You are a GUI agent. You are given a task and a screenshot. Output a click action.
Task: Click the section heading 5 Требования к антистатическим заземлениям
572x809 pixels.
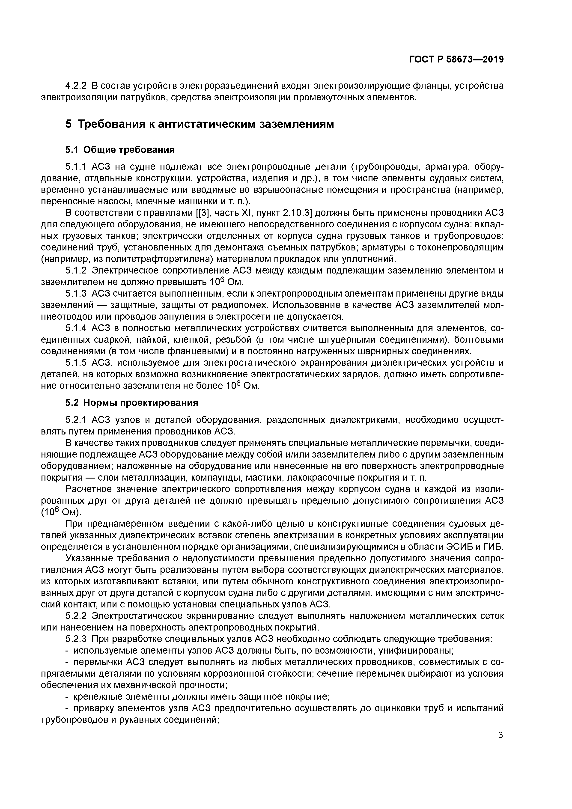coord(200,124)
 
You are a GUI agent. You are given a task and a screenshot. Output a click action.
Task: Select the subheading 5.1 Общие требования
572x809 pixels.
coord(120,150)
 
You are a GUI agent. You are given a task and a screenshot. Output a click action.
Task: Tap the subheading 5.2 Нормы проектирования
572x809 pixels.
coord(132,402)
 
